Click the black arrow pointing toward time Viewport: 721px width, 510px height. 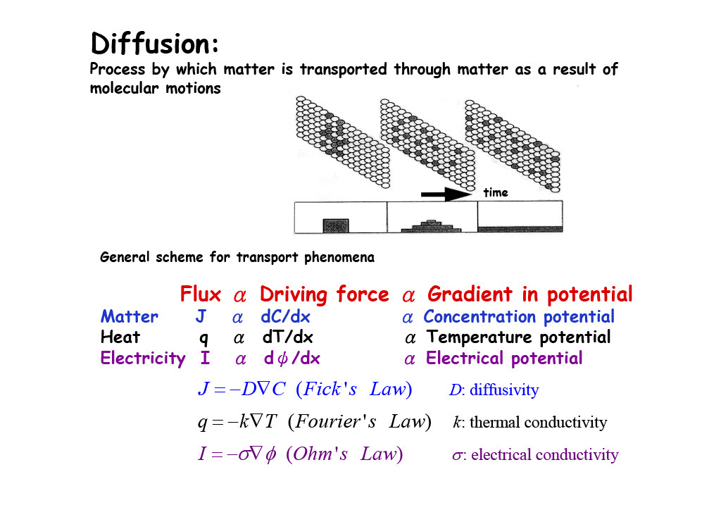click(446, 192)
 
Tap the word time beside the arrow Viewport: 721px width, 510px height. click(496, 192)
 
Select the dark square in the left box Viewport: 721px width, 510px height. click(336, 225)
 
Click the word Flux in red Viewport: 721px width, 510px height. click(201, 294)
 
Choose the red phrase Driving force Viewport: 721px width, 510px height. click(324, 294)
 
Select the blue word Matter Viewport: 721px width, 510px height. click(130, 317)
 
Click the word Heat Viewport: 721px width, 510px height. click(120, 337)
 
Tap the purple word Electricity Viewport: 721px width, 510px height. click(143, 359)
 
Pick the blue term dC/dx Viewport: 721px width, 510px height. click(285, 317)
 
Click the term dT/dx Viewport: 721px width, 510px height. click(287, 337)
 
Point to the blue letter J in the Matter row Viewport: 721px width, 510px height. click(201, 317)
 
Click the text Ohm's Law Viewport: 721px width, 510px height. click(344, 454)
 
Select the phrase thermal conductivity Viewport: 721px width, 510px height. click(538, 423)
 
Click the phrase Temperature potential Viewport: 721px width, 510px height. click(519, 337)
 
